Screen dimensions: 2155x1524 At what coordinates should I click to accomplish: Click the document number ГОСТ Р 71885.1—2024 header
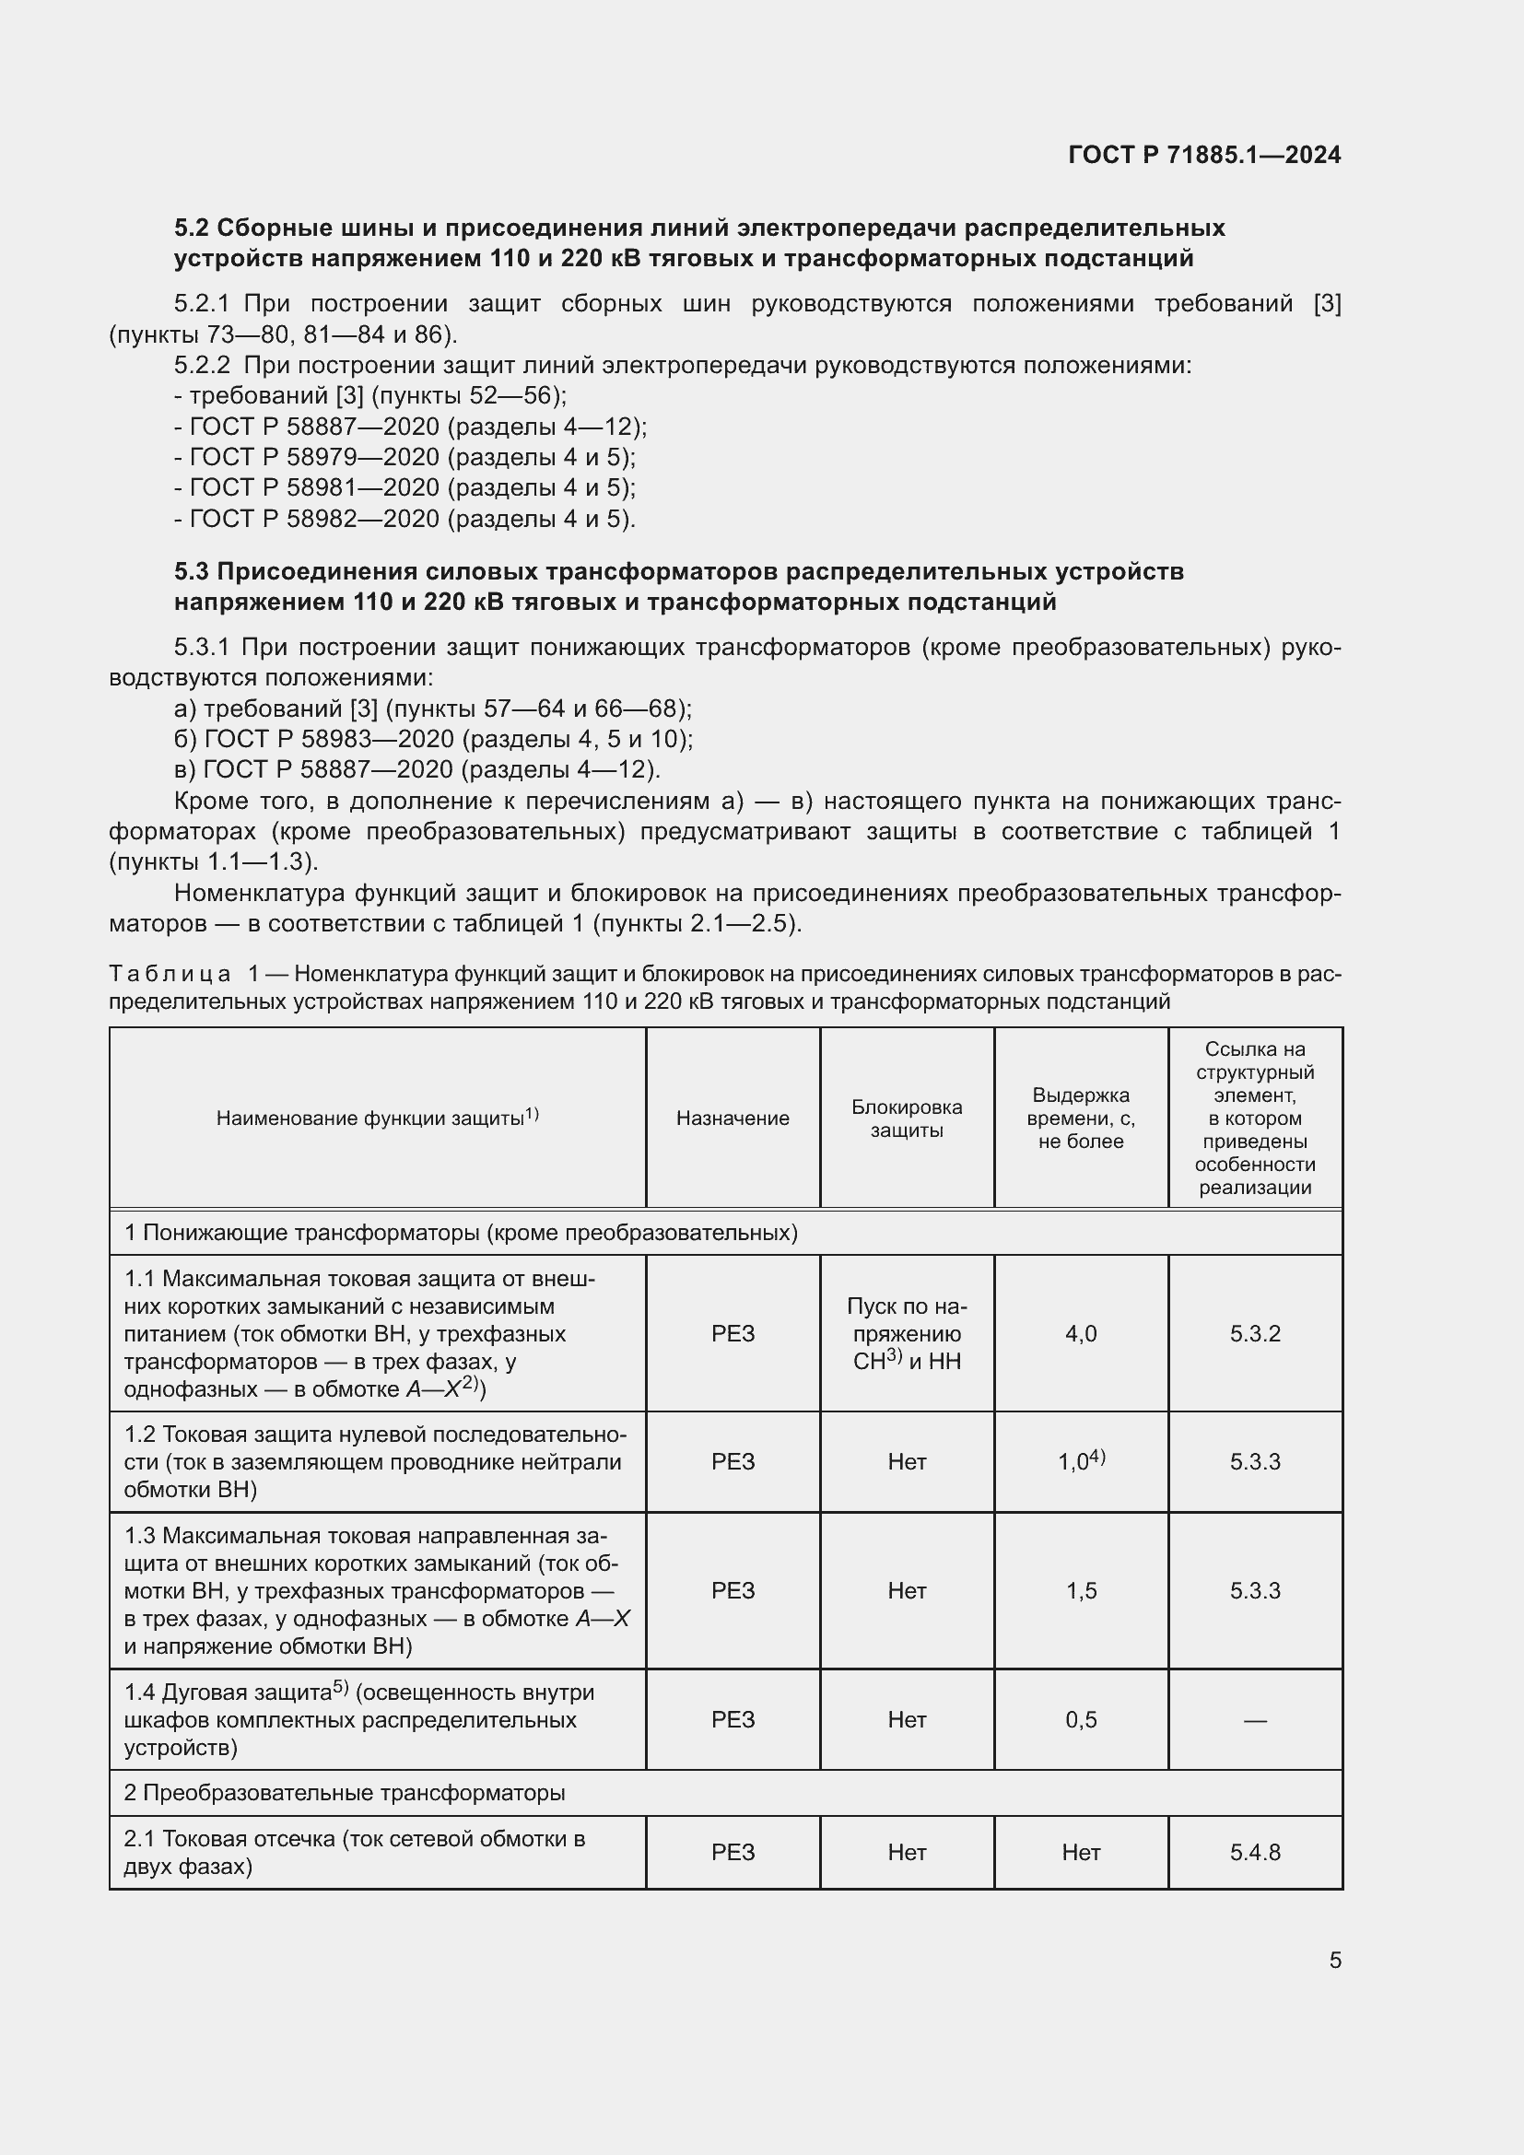(1204, 155)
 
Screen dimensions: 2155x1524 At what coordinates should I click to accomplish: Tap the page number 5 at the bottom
(1334, 1961)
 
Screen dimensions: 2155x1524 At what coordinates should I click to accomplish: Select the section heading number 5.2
(193, 228)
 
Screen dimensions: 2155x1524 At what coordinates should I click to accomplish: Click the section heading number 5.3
(193, 571)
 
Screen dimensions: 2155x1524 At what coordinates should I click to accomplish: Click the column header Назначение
(732, 1118)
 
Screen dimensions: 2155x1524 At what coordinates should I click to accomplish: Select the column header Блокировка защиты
(907, 1118)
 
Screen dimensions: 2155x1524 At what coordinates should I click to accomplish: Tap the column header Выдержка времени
(1080, 1118)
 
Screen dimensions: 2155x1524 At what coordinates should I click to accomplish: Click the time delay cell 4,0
(1080, 1334)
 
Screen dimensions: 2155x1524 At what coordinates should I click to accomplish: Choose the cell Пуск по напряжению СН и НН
(907, 1334)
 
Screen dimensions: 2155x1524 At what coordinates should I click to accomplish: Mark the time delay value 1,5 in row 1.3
(1080, 1590)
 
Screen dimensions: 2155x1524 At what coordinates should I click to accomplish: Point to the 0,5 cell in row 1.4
(1080, 1719)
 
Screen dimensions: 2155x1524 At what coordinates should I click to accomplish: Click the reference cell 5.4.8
(1255, 1852)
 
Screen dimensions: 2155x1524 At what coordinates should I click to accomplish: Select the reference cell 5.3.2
(1255, 1334)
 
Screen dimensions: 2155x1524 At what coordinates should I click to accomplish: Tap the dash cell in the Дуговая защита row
(1255, 1719)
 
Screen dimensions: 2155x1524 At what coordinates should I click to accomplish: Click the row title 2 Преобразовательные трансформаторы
(345, 1793)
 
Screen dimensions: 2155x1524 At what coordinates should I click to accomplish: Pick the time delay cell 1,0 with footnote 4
(1080, 1461)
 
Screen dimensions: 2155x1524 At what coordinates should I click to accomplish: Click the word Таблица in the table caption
(170, 974)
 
